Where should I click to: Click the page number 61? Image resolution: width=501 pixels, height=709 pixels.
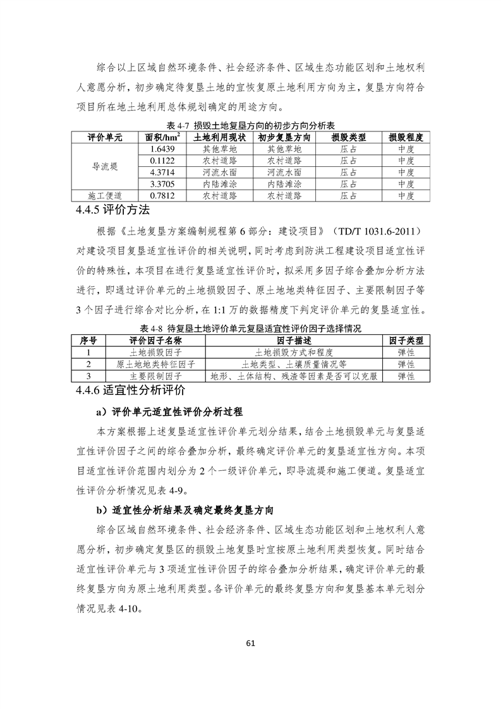coord(250,644)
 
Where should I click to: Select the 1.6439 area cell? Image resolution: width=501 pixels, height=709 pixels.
coord(162,149)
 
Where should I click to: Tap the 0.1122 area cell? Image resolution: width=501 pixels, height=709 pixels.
coord(162,161)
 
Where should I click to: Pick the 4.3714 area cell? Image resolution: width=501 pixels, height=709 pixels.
coord(162,172)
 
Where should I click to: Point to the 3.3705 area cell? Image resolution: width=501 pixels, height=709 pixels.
coord(162,184)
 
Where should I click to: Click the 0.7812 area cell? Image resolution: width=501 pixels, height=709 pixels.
coord(162,195)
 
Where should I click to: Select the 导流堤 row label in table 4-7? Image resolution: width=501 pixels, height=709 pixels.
coord(105,166)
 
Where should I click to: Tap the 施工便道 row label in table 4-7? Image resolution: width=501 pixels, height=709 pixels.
coord(105,195)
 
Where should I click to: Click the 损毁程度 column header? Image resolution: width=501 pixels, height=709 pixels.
coord(406,137)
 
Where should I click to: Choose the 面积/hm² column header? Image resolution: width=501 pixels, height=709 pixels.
coord(162,137)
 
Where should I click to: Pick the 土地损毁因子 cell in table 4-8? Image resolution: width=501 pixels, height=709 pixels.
coord(155,353)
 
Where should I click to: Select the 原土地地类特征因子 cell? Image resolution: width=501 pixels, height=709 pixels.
coord(155,365)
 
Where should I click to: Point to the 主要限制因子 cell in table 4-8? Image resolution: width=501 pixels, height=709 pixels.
coord(155,376)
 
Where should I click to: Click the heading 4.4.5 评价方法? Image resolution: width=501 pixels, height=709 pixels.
coord(113,210)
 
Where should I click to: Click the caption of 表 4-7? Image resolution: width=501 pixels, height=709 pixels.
coord(250,125)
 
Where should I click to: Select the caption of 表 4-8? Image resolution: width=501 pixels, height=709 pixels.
coord(250,329)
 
